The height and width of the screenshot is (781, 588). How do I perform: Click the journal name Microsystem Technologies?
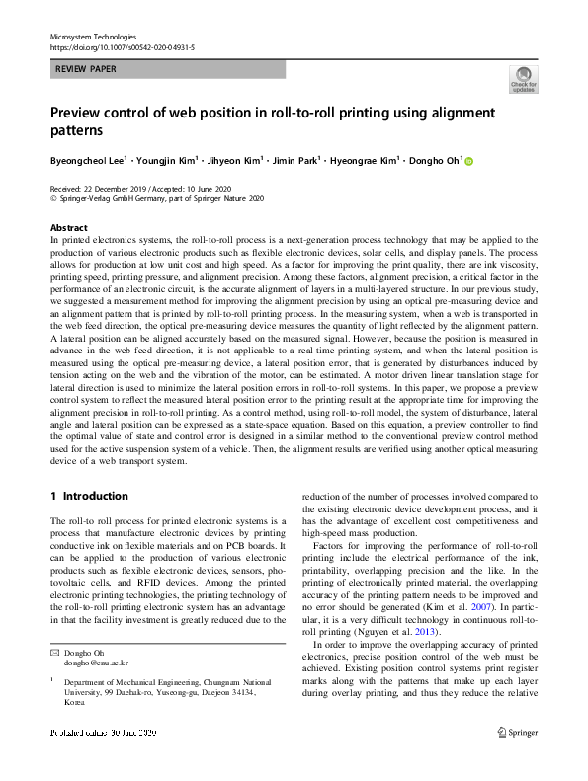[92, 36]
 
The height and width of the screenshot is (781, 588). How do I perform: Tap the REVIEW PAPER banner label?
[85, 70]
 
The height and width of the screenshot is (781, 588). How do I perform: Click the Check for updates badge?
[522, 80]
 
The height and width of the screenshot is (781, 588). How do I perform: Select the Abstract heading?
[68, 226]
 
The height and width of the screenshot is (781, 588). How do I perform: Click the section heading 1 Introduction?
[89, 496]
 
